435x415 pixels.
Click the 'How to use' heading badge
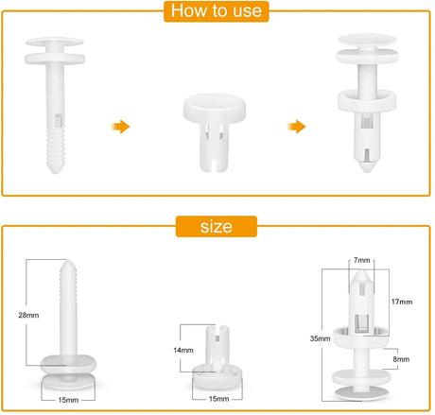217,11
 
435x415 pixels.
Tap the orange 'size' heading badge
217,226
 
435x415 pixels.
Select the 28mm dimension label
28,315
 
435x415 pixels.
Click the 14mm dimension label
183,350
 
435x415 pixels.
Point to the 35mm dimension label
320,338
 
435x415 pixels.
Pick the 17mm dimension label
402,302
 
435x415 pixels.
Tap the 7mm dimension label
362,260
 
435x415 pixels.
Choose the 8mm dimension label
401,359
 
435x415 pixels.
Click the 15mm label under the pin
68,400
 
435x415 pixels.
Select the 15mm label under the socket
219,399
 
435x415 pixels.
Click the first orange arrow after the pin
121,127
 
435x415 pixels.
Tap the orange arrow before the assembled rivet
297,127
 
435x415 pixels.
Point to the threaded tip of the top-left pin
56,150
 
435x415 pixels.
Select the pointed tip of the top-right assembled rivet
367,166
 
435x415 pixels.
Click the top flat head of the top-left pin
55,42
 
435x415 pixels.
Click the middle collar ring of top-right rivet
367,101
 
